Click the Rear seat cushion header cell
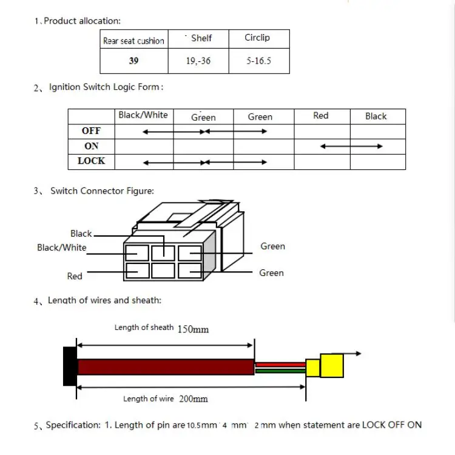click(x=133, y=41)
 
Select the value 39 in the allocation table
click(x=133, y=61)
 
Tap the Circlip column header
click(x=257, y=38)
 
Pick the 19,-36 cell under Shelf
click(x=198, y=61)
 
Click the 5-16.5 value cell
click(x=258, y=61)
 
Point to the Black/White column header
click(x=143, y=115)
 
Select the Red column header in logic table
click(x=321, y=115)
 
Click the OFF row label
click(x=91, y=130)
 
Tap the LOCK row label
click(x=91, y=161)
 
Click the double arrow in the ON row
click(x=351, y=146)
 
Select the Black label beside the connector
click(x=81, y=234)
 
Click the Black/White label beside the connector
click(x=62, y=248)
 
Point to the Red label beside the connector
click(x=75, y=276)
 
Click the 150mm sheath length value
click(x=193, y=329)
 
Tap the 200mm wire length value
click(x=193, y=399)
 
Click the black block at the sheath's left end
click(x=70, y=366)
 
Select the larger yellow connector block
click(x=332, y=366)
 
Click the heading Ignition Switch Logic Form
click(x=106, y=87)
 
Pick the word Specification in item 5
click(x=73, y=425)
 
